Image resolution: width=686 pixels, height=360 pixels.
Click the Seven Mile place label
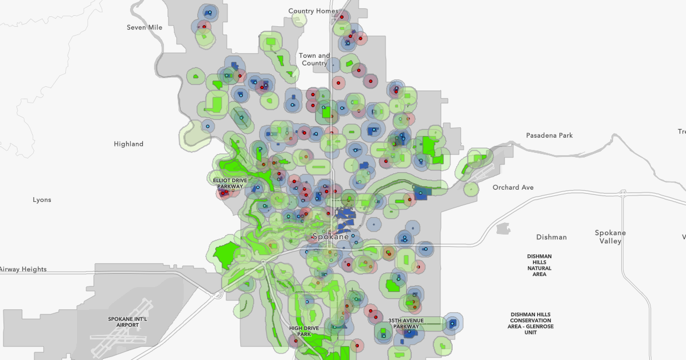(x=145, y=27)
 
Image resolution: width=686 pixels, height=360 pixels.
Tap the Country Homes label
(x=313, y=11)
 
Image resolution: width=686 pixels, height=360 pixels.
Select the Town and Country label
(x=314, y=60)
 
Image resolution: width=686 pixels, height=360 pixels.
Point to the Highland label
(x=128, y=144)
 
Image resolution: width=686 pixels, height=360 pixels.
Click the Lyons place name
(x=42, y=200)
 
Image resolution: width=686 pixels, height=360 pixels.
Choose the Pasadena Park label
(x=549, y=135)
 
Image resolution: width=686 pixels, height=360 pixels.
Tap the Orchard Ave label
(x=513, y=187)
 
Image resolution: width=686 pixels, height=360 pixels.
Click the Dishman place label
(x=551, y=237)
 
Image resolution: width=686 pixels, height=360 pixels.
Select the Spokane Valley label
(x=610, y=237)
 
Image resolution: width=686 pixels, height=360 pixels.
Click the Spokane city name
(x=331, y=237)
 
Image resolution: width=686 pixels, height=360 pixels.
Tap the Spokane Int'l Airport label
(x=127, y=322)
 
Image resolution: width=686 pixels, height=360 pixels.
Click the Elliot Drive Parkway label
(x=231, y=183)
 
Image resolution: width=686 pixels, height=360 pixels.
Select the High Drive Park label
(x=304, y=331)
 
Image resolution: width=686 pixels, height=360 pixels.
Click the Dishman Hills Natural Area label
(x=539, y=265)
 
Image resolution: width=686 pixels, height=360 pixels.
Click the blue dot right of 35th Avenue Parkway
(x=452, y=323)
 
